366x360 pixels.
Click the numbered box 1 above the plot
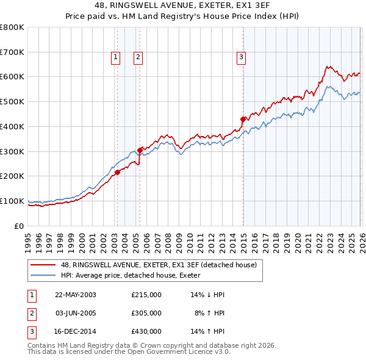click(x=116, y=57)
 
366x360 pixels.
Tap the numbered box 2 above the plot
click(x=138, y=57)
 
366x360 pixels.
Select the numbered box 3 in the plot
click(x=242, y=57)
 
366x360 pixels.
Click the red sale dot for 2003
click(x=117, y=172)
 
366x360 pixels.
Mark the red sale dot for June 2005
click(x=140, y=149)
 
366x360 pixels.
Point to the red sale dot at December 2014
click(x=243, y=119)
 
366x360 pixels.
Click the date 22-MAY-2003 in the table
click(x=76, y=294)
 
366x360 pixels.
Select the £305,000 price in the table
click(x=146, y=313)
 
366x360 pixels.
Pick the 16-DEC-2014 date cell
click(x=76, y=332)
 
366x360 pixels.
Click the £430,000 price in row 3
click(x=146, y=332)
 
